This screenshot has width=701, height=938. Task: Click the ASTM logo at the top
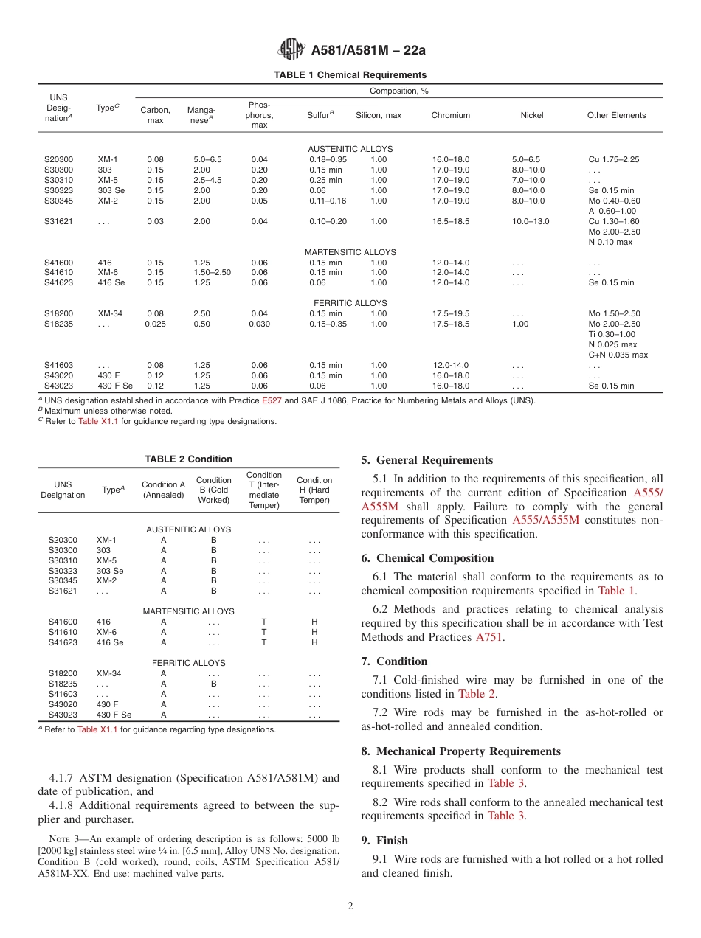point(291,50)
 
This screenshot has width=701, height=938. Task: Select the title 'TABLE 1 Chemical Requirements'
point(350,75)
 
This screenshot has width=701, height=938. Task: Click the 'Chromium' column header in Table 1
point(450,115)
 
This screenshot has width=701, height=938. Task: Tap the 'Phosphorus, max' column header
point(259,115)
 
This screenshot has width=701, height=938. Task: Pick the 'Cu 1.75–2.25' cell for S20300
point(613,159)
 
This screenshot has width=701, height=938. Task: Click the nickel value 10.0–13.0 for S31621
point(530,221)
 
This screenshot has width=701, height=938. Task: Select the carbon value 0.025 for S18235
point(155,324)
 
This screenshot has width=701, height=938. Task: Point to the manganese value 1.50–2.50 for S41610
point(212,272)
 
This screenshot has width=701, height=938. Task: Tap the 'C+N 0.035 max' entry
point(618,355)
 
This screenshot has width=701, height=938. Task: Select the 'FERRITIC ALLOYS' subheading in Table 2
point(190,663)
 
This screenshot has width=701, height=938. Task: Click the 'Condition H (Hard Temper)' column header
point(314,490)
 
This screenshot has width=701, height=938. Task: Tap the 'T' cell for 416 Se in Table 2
point(263,642)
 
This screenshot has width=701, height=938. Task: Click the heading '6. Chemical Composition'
point(427,558)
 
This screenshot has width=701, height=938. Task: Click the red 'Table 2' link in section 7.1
point(476,694)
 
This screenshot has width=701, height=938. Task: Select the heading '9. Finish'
point(384,841)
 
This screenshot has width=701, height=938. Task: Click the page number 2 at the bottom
point(350,906)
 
